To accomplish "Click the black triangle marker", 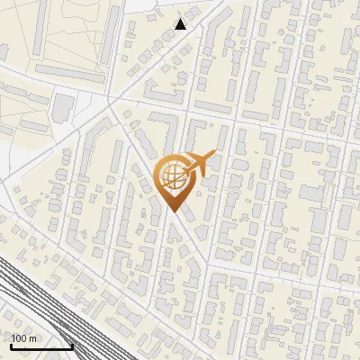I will pos(181,23).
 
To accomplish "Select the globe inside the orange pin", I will pos(172,178).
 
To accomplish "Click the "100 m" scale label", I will pos(24,337).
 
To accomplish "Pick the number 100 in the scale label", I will pos(20,337).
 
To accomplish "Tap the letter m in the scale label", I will pos(33,337).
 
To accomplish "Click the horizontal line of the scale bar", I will pos(41,346).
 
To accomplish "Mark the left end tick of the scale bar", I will pos(11,345).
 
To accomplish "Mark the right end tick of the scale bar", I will pos(72,345).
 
